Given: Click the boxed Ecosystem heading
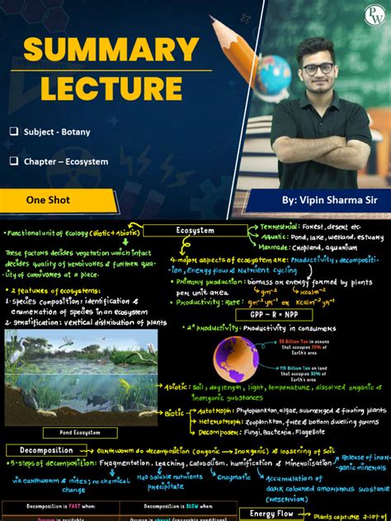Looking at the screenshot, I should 195,231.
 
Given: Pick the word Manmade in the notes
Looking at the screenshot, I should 272,247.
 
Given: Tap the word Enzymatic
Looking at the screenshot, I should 229,477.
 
